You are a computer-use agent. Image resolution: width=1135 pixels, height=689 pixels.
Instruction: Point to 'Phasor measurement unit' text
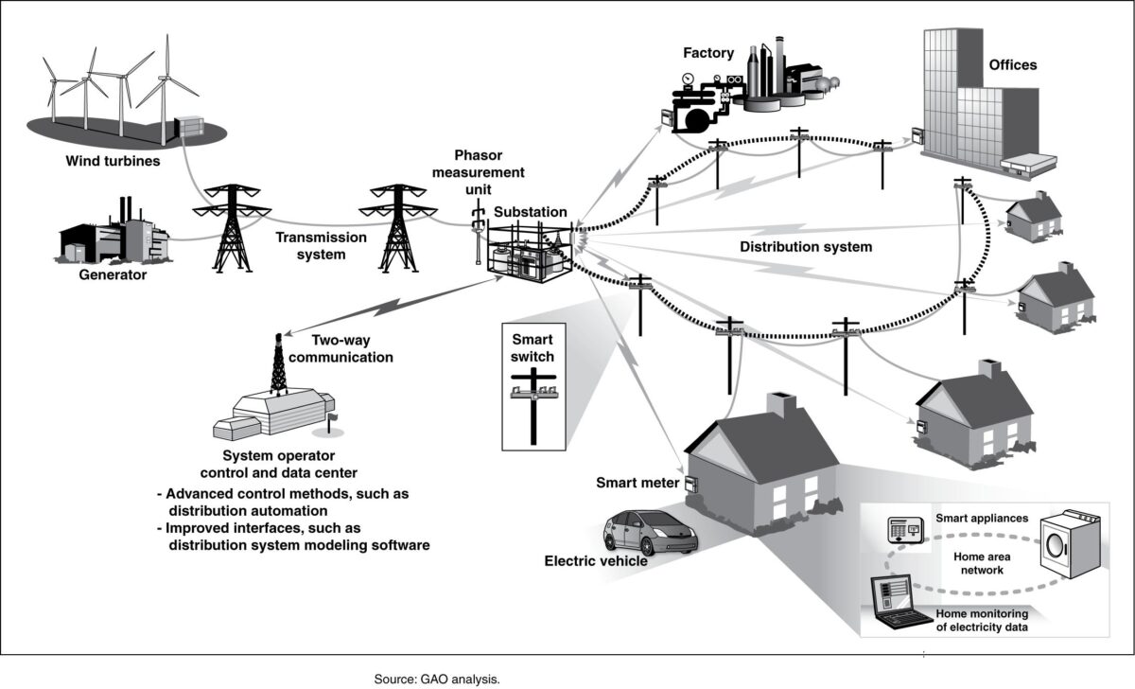488,171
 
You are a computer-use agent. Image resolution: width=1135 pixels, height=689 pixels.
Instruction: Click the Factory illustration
747,90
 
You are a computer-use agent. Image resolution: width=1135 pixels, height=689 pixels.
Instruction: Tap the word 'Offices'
1012,65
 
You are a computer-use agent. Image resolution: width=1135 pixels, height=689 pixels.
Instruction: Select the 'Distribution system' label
806,246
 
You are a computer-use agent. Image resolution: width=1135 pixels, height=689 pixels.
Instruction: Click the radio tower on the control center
278,365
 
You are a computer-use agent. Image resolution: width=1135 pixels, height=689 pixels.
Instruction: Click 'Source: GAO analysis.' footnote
436,679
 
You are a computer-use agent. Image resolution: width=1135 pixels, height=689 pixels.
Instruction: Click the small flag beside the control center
333,416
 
